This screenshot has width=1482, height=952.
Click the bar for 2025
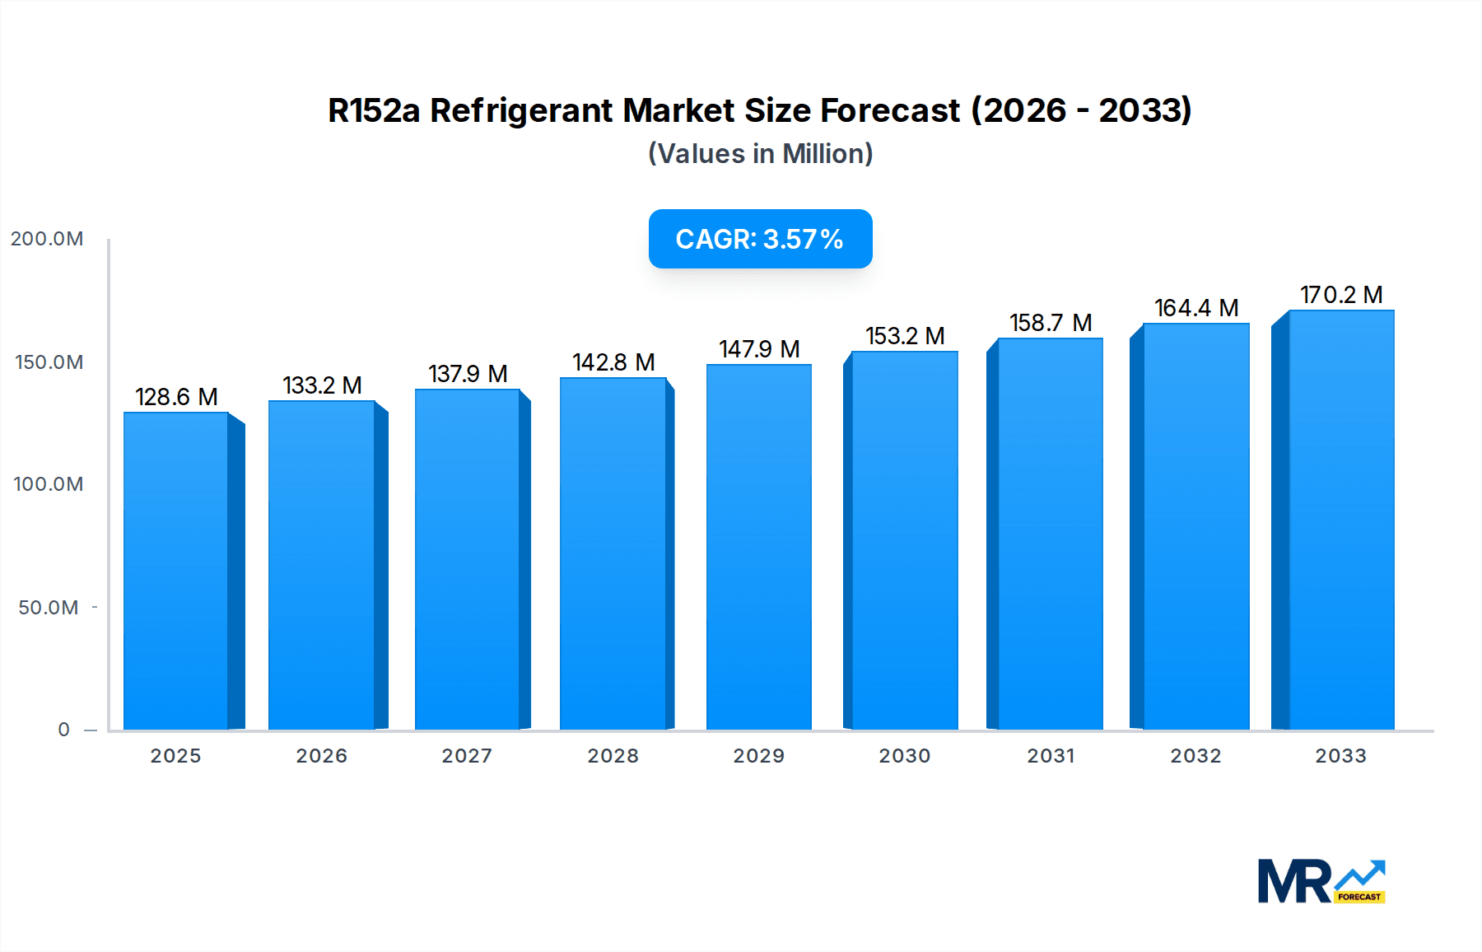click(176, 571)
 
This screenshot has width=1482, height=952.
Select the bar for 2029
click(758, 547)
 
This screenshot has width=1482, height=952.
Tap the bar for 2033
click(1340, 520)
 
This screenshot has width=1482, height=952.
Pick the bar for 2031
click(1050, 534)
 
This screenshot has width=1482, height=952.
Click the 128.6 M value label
click(176, 397)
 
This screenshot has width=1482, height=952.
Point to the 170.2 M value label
click(1340, 295)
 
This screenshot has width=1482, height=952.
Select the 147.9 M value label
click(758, 349)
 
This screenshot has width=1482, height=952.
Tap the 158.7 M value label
click(1050, 323)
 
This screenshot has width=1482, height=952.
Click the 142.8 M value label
click(613, 362)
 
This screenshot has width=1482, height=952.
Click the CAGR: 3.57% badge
click(760, 239)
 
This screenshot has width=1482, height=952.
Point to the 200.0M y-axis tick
click(47, 239)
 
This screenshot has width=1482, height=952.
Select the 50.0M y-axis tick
click(49, 608)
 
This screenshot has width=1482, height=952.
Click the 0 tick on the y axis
click(63, 730)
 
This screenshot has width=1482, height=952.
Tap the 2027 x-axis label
click(467, 756)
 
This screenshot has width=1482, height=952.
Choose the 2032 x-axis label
click(1195, 756)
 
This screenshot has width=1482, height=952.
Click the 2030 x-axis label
click(904, 756)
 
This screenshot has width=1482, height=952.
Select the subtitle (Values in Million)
click(760, 154)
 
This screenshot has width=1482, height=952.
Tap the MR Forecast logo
click(1321, 882)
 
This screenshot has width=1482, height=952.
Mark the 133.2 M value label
click(322, 385)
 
